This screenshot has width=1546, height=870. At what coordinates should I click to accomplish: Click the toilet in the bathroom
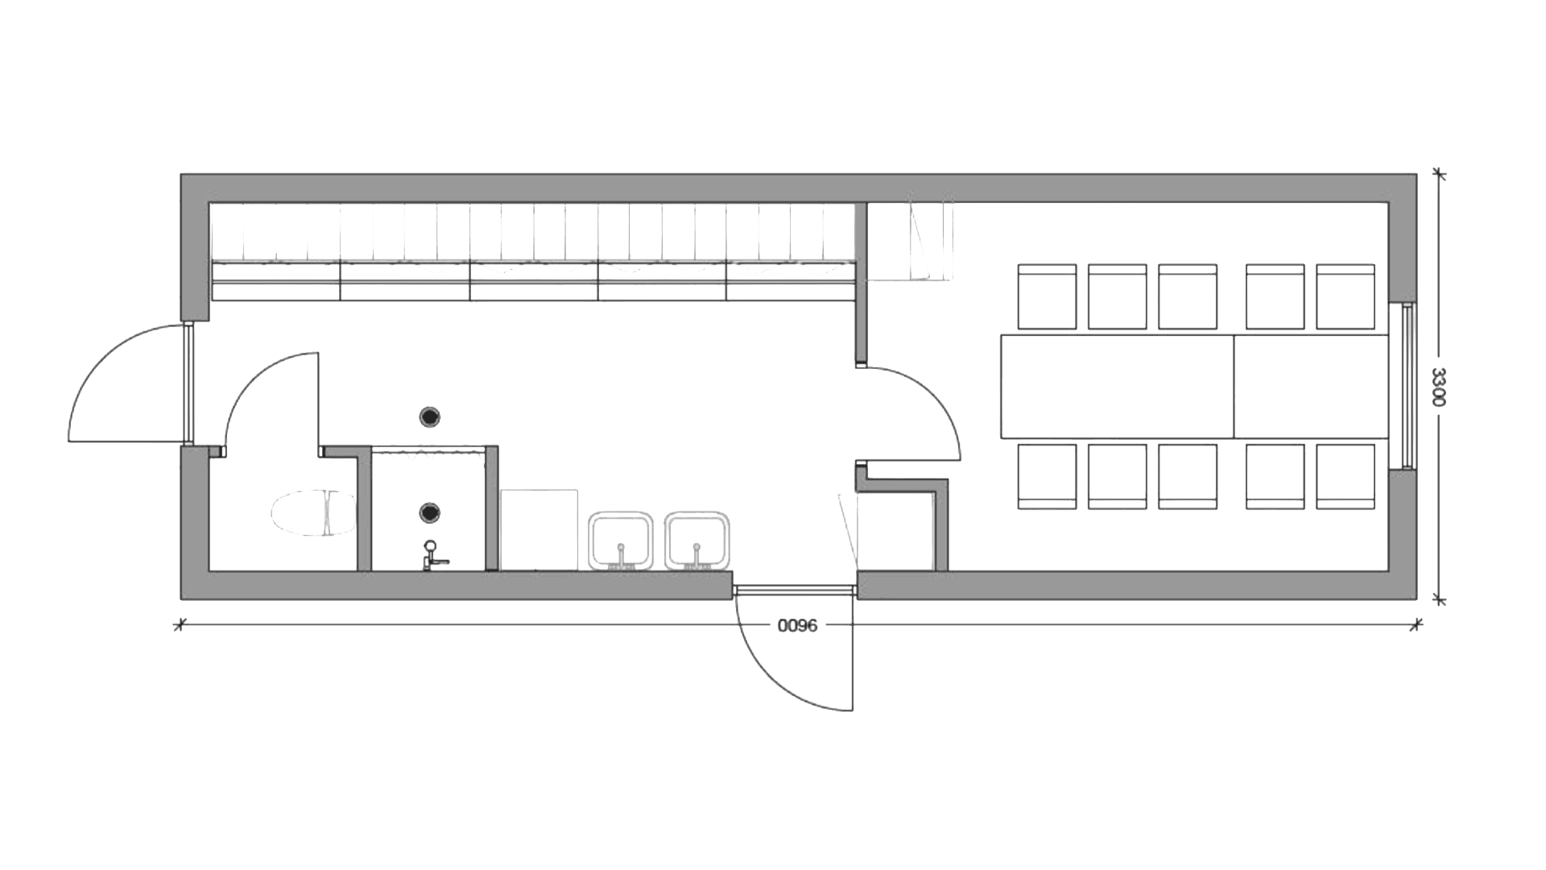point(314,514)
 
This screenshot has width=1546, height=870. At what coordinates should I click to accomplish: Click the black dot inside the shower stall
point(432,512)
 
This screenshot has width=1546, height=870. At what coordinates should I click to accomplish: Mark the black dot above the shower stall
point(432,416)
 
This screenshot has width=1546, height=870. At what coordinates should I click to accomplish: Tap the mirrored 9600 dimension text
point(797,625)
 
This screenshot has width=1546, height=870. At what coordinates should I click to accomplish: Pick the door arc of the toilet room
point(270,399)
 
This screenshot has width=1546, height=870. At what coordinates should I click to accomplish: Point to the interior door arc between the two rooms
point(918,411)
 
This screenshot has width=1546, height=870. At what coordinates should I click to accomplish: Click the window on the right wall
point(1407,386)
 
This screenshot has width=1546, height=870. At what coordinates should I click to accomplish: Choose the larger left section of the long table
point(1117,387)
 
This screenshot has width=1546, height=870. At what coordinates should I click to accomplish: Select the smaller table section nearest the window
point(1311,387)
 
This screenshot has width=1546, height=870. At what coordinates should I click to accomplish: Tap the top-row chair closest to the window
point(1346,296)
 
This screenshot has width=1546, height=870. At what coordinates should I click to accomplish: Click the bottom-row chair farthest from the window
point(1048,477)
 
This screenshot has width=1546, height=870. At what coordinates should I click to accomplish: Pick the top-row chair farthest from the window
point(1048,296)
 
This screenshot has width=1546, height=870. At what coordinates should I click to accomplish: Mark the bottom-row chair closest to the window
point(1346,477)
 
